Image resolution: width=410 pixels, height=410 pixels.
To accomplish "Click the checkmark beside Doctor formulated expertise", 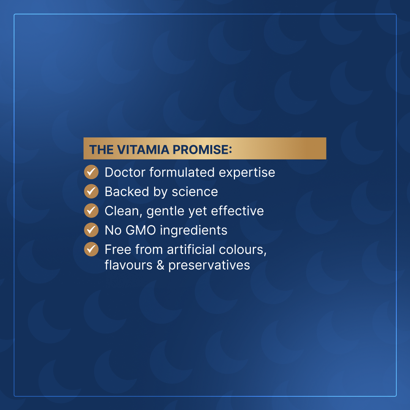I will point(91,172).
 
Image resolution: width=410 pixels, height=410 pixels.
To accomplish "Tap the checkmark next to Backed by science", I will point(91,191).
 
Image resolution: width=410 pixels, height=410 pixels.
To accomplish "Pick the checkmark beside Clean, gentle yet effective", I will point(91,211).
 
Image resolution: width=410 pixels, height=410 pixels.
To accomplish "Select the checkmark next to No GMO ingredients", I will point(91,230).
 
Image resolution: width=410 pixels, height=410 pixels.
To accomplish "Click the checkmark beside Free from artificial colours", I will point(91,249).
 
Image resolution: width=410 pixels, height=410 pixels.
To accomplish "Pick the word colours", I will point(242,250).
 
